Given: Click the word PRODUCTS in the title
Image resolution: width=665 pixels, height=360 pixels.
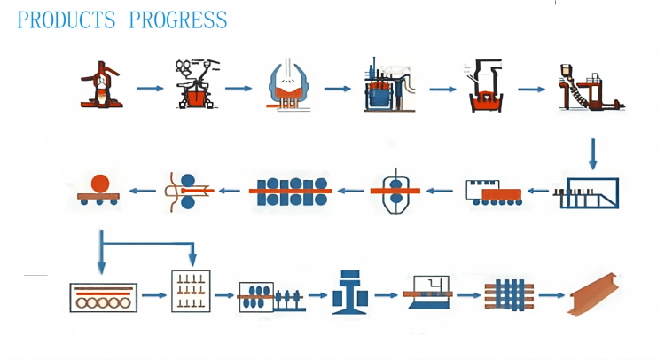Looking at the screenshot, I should (66, 20).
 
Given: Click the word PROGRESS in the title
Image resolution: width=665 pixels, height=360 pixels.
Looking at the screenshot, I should (177, 20).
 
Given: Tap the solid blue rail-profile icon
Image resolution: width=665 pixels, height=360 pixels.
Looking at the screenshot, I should (349, 292).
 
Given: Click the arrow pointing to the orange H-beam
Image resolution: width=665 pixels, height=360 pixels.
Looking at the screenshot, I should (552, 294).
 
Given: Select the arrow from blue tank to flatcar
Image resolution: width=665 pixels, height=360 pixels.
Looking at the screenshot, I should (539, 190).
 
